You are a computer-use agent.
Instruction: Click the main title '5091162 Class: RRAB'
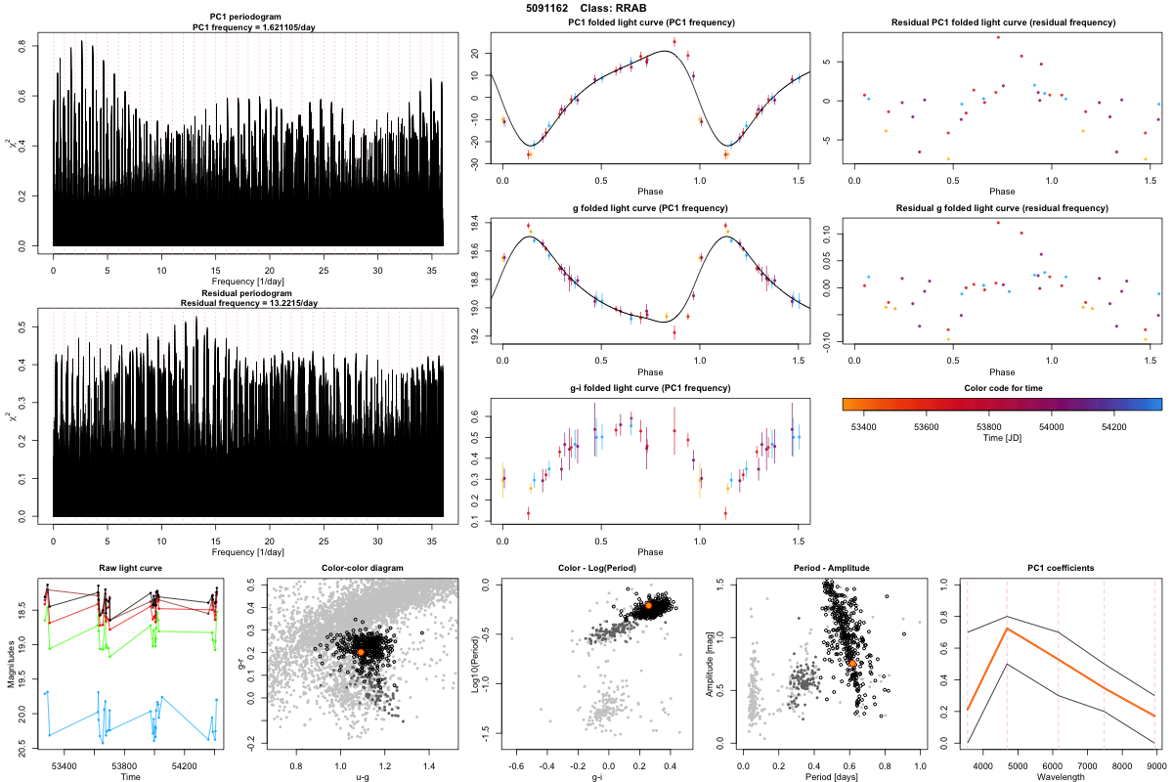click(x=586, y=8)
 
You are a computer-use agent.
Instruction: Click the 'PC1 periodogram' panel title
click(x=248, y=20)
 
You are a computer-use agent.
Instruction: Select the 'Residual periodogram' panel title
click(x=248, y=292)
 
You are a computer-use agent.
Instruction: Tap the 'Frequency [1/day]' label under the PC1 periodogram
click(x=248, y=282)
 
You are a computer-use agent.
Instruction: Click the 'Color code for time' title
click(x=1002, y=388)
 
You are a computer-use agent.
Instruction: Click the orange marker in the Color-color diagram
click(x=361, y=652)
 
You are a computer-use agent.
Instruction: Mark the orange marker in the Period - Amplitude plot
click(x=852, y=663)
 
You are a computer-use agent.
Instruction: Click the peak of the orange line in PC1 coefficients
click(x=1007, y=629)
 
